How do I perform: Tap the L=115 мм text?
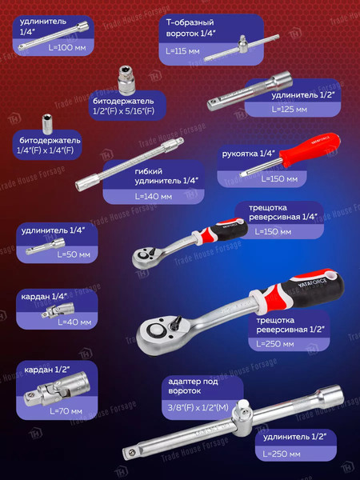tap(182, 51)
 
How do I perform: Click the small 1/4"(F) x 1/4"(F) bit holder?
tap(47, 124)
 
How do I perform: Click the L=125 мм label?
tap(290, 109)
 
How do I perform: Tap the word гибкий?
tap(149, 171)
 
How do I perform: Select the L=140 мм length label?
tap(154, 196)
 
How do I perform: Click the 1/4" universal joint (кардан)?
tap(58, 310)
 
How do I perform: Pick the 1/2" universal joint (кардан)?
tap(57, 389)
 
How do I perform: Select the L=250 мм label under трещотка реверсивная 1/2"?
tap(275, 344)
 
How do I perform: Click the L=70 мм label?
tap(66, 411)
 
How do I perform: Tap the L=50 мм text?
tap(74, 254)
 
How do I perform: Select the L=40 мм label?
tap(74, 322)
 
